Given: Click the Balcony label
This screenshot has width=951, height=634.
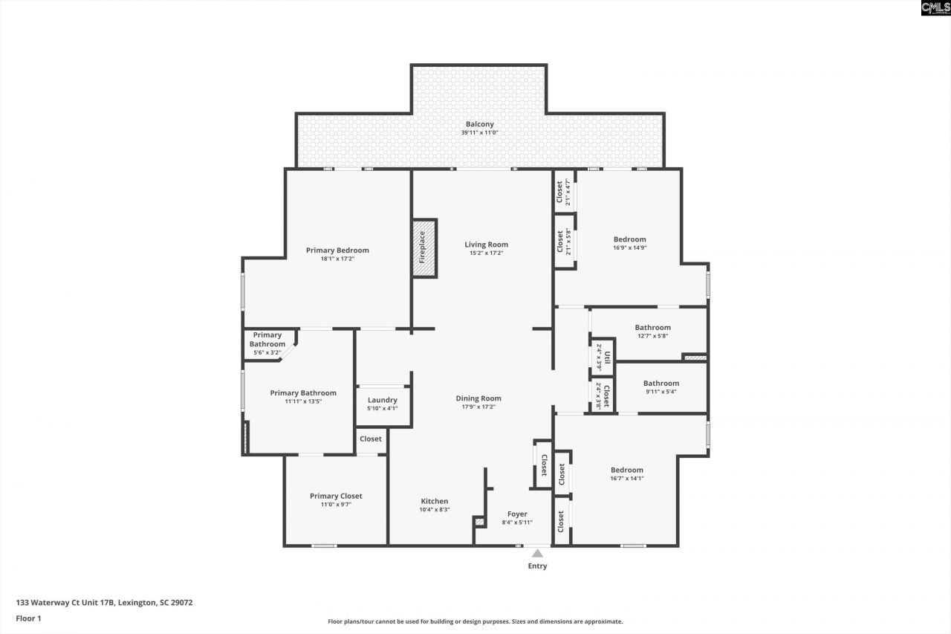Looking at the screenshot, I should tap(479, 124).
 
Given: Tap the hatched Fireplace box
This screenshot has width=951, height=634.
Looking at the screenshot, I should tap(424, 248).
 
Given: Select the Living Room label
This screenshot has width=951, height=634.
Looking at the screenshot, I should tap(486, 245).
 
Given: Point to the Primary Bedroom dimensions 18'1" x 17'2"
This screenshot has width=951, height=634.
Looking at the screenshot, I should tap(337, 259).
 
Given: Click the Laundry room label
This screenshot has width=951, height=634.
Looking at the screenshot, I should tap(382, 400).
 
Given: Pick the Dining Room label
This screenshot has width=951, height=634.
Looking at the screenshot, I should tap(478, 398).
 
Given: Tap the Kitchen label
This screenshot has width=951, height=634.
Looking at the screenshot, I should tap(434, 501).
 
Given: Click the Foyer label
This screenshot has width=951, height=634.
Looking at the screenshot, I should tap(517, 514).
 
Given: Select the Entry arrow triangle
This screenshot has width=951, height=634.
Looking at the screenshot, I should tap(537, 553).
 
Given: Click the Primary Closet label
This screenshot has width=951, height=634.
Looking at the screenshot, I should tap(336, 496).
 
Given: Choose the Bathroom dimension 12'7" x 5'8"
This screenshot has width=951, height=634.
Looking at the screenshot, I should tap(652, 335).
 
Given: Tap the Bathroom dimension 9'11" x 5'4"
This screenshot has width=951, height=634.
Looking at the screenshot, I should tap(660, 392).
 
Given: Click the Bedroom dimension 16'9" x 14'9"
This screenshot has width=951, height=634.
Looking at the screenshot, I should tap(629, 248).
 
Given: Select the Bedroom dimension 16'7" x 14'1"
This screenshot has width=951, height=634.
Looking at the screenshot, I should tap(627, 478).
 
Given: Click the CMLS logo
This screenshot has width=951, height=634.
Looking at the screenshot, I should tap(935, 8).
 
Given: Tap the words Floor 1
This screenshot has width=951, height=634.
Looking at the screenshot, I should tap(28, 618).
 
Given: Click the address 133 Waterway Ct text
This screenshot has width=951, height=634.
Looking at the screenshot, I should tap(104, 603).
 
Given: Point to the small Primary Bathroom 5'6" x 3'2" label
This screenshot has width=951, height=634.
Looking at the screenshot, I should tap(267, 340).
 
